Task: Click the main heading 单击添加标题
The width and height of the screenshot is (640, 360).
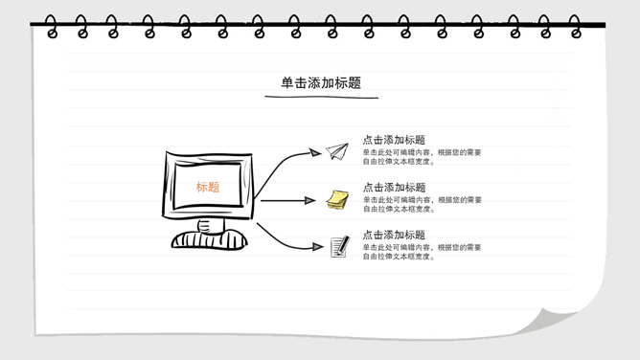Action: [x=321, y=82]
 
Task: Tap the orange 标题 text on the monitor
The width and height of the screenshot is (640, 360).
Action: [x=208, y=187]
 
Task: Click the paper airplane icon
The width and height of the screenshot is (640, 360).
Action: [x=337, y=151]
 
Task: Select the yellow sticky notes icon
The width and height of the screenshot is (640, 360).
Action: [x=337, y=200]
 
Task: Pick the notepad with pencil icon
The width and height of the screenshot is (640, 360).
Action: [x=340, y=247]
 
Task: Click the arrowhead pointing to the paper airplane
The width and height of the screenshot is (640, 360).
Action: [x=314, y=152]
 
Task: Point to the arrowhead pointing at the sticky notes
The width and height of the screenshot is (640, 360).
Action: [x=309, y=200]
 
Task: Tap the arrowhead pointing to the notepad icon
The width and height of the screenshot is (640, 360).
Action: [x=317, y=246]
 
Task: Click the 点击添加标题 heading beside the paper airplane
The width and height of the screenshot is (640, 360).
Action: [x=394, y=140]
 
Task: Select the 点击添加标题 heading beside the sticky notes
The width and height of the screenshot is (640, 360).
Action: [x=394, y=187]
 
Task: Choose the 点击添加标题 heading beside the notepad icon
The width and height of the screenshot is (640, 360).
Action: [x=394, y=235]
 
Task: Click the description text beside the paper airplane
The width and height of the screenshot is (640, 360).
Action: [x=423, y=157]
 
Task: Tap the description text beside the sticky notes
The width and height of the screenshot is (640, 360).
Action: [x=423, y=204]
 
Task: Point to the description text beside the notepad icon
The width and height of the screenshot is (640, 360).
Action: [x=423, y=252]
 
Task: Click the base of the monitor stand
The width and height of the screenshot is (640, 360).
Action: [x=210, y=239]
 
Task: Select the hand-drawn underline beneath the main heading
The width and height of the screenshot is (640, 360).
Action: [x=321, y=97]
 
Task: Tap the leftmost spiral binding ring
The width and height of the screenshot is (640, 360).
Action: [x=51, y=27]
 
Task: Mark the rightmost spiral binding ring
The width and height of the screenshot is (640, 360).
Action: [x=575, y=27]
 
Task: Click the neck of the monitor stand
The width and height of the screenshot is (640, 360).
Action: [x=211, y=225]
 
